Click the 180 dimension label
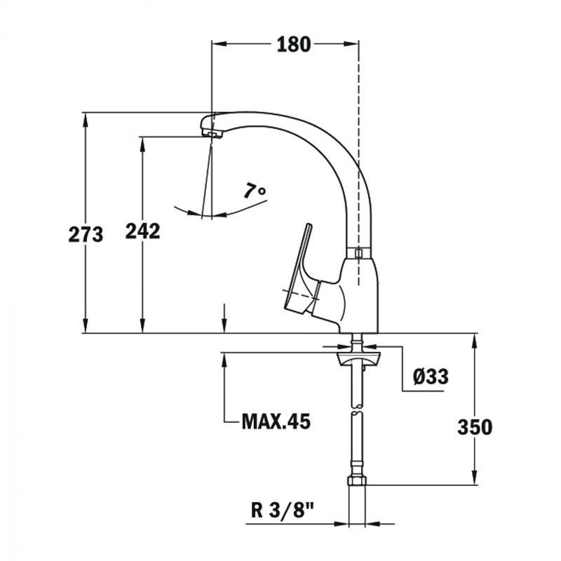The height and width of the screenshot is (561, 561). [x=294, y=45]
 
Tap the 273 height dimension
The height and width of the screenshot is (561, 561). [x=86, y=235]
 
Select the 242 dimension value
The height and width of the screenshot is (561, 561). [x=142, y=231]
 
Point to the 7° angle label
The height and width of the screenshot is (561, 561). [x=255, y=190]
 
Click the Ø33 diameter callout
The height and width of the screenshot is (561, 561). [x=431, y=377]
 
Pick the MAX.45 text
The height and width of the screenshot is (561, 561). [x=276, y=421]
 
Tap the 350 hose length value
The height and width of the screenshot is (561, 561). [x=475, y=427]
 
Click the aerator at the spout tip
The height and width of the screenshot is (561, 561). [x=212, y=134]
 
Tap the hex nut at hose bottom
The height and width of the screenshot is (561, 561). [x=357, y=480]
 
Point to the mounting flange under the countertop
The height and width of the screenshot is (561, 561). [x=358, y=359]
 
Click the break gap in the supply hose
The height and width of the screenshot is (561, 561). [x=358, y=410]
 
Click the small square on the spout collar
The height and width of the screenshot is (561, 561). [x=358, y=253]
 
